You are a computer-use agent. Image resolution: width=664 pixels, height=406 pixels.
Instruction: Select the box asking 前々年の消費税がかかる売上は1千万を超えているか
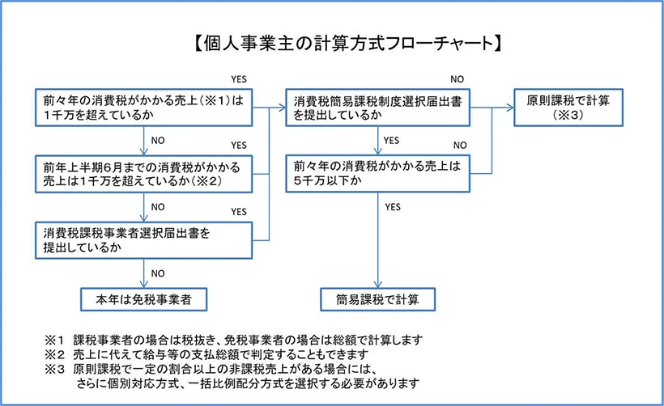(x=143, y=110)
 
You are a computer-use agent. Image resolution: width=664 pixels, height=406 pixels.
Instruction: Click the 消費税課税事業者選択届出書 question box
(x=143, y=239)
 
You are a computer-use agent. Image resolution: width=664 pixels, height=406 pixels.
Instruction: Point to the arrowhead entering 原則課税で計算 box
(x=510, y=105)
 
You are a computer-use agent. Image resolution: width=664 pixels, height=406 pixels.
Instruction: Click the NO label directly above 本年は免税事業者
(x=159, y=273)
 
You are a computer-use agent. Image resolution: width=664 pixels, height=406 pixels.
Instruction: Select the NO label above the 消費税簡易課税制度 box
(x=458, y=78)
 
